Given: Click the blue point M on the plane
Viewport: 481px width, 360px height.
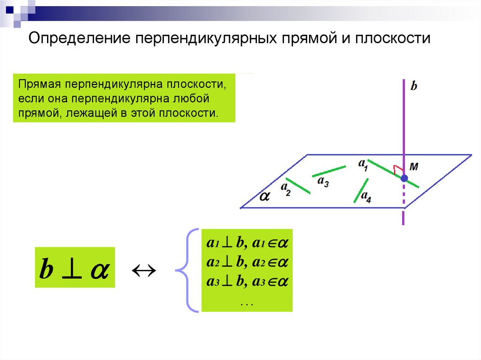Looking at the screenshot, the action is pyautogui.click(x=403, y=178).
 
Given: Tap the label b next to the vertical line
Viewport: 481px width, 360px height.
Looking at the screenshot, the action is pyautogui.click(x=414, y=86).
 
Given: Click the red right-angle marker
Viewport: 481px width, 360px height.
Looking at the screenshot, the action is pyautogui.click(x=397, y=169).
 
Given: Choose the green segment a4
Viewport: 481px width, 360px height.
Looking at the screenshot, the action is pyautogui.click(x=361, y=190).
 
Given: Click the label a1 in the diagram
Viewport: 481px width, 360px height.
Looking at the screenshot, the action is pyautogui.click(x=363, y=164).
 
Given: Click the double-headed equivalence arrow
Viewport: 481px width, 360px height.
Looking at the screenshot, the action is pyautogui.click(x=143, y=270).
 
